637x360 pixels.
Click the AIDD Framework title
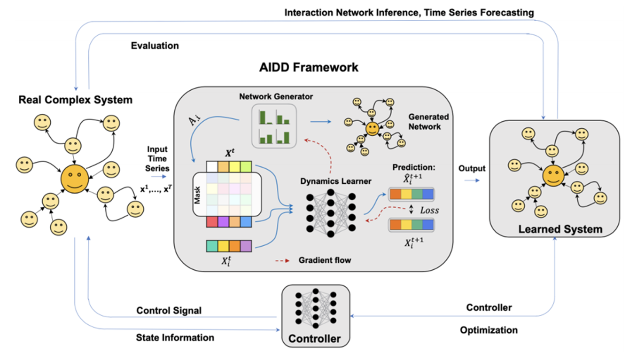pyautogui.click(x=309, y=68)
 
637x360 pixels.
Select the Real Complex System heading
pyautogui.click(x=76, y=100)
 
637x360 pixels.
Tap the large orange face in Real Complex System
pyautogui.click(x=75, y=179)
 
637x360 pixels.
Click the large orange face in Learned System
pyautogui.click(x=553, y=176)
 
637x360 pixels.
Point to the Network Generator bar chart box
pyautogui.click(x=274, y=126)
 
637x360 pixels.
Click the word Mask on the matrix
pyautogui.click(x=197, y=195)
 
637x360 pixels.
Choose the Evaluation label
pyautogui.click(x=155, y=46)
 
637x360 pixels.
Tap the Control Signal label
pyautogui.click(x=169, y=310)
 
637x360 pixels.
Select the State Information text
pyautogui.click(x=175, y=337)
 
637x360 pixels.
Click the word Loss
pyautogui.click(x=429, y=210)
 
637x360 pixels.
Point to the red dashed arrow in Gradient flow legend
pyautogui.click(x=282, y=260)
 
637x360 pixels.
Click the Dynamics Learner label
pyautogui.click(x=336, y=181)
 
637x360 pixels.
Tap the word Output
pyautogui.click(x=472, y=168)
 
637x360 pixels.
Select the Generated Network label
pyautogui.click(x=428, y=122)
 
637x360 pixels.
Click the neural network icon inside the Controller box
pyautogui.click(x=316, y=308)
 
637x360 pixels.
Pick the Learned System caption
pyautogui.click(x=560, y=229)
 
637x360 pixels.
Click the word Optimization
pyautogui.click(x=489, y=330)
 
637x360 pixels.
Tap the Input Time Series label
pyautogui.click(x=157, y=159)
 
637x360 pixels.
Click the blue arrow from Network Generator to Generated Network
pyautogui.click(x=321, y=122)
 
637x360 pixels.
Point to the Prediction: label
pyautogui.click(x=414, y=167)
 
